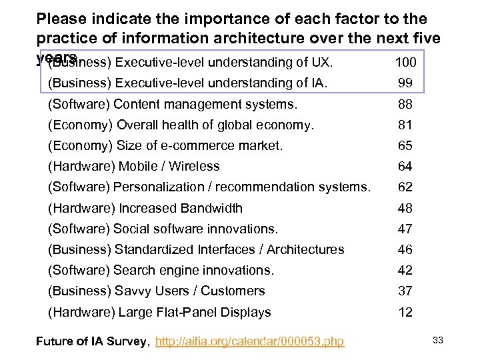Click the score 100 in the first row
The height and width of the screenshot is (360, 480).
[405, 63]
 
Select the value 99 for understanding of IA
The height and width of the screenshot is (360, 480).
[405, 83]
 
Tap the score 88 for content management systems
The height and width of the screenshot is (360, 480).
[405, 104]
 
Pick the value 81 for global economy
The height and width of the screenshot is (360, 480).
[405, 125]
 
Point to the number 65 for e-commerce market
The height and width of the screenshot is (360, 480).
[405, 145]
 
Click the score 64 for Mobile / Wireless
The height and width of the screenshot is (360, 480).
[405, 166]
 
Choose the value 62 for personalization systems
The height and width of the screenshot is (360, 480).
[405, 187]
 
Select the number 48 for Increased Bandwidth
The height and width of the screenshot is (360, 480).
[405, 208]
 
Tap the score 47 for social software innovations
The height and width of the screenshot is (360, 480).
[405, 229]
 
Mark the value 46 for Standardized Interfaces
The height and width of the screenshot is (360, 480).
[405, 249]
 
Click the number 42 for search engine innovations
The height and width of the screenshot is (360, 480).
[405, 270]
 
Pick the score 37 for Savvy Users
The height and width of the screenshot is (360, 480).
[405, 291]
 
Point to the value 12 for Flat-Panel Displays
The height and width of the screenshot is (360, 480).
[405, 312]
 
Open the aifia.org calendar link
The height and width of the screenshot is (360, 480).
[249, 341]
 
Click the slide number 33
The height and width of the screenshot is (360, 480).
[438, 340]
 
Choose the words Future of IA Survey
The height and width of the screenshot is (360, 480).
[92, 341]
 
